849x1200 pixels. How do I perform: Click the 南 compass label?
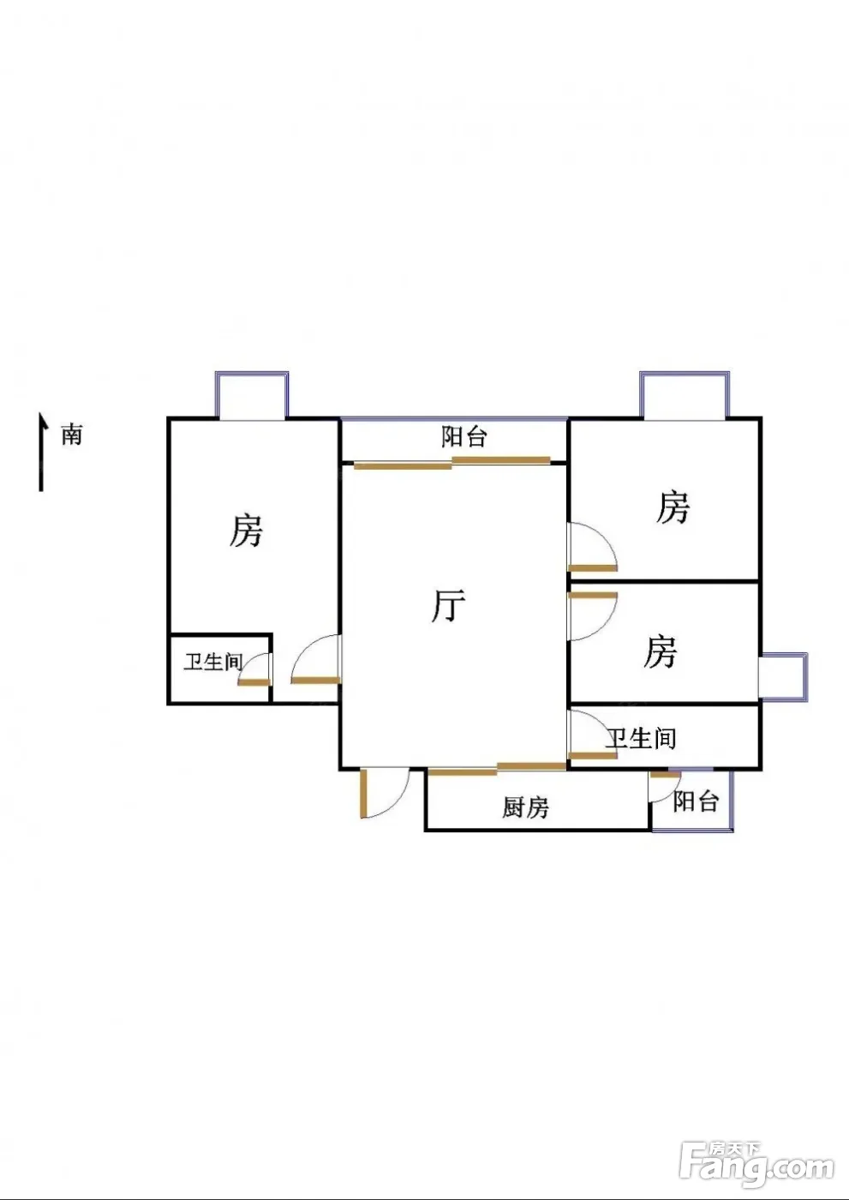(x=72, y=435)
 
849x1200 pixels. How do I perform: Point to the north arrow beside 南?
(x=40, y=452)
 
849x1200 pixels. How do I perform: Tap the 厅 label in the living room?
(x=448, y=606)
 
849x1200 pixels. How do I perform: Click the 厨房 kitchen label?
(x=525, y=807)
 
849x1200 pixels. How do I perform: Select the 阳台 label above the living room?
(x=464, y=437)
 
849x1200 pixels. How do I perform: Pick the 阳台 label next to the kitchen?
(x=695, y=801)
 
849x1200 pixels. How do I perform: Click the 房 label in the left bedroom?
(x=246, y=531)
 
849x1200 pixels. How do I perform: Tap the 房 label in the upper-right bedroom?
(x=673, y=507)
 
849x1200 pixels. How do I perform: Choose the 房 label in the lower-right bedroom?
(x=661, y=651)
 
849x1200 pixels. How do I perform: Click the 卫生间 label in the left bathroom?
(x=213, y=661)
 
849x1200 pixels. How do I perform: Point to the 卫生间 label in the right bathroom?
(x=642, y=737)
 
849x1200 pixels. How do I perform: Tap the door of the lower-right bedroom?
(x=591, y=615)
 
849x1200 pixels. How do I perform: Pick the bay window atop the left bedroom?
(x=252, y=395)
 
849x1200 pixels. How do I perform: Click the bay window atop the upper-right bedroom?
(x=685, y=395)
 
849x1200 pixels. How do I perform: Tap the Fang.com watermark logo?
(x=756, y=1163)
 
